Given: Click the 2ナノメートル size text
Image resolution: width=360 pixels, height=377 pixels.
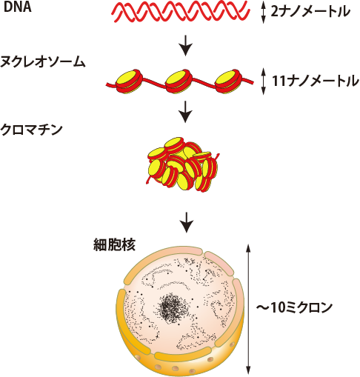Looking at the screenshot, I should click(x=310, y=13).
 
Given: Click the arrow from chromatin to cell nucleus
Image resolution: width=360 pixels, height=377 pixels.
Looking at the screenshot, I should click(x=187, y=219).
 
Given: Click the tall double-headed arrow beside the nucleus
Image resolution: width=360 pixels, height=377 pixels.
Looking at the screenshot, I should click(x=249, y=307).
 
